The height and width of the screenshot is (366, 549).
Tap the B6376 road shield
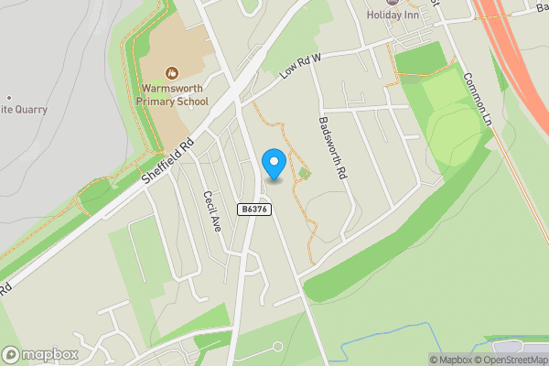click(x=253, y=210)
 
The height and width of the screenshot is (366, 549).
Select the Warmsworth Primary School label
click(x=175, y=95)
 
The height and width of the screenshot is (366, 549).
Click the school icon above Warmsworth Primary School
click(x=172, y=72)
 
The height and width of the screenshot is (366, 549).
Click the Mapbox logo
click(x=40, y=354)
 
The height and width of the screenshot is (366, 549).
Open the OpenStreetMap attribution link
click(x=514, y=359)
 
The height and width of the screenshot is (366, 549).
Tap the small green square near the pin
click(x=304, y=173)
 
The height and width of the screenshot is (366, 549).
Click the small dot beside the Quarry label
click(x=8, y=97)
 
